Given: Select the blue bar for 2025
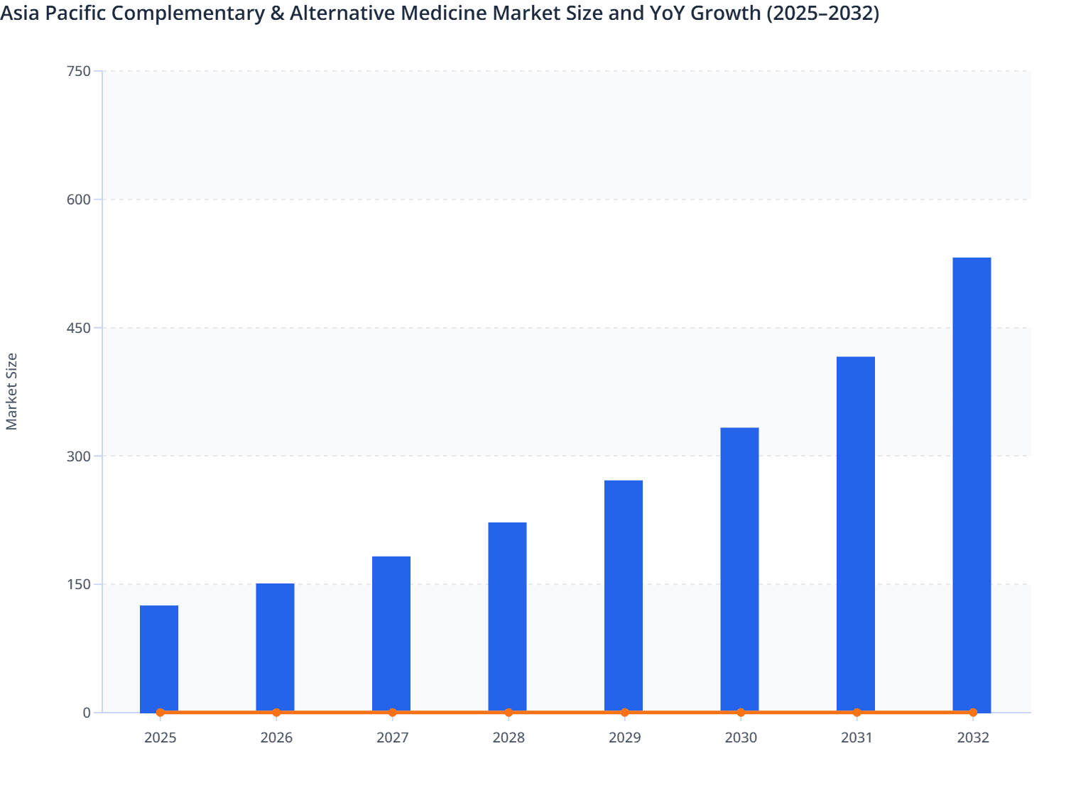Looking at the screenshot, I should (x=159, y=658).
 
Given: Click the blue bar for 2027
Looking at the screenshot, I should (x=391, y=633).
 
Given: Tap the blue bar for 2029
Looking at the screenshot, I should (x=624, y=596).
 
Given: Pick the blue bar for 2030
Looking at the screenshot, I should (x=739, y=569).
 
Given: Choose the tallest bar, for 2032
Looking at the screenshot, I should (x=972, y=484).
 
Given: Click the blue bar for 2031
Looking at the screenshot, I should (x=856, y=534).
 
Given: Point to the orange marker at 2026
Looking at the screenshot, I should (x=276, y=713).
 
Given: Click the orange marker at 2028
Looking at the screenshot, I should (x=509, y=713).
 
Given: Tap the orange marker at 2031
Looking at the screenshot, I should (x=857, y=713).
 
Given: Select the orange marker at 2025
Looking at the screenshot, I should (x=161, y=713).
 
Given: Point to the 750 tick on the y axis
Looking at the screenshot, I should (x=78, y=71).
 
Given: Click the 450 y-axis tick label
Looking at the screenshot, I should (x=78, y=328).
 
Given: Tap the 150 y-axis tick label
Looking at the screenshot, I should (x=78, y=584).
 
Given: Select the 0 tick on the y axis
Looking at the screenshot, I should (x=87, y=713).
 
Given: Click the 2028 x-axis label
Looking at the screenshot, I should (x=509, y=738).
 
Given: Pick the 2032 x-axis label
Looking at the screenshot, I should (x=972, y=738).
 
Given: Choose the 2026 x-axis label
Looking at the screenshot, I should (x=276, y=738).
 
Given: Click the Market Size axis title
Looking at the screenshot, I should (x=12, y=391).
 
